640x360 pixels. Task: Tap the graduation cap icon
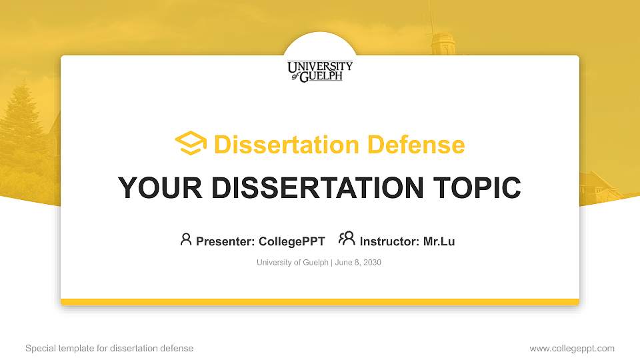[x=191, y=143]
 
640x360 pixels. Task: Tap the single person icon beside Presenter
[x=186, y=239]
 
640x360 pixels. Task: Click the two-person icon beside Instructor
[x=347, y=239]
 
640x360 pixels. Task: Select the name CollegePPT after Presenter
[x=291, y=241]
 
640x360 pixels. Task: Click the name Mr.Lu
[x=439, y=241]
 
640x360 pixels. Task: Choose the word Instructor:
[x=389, y=241]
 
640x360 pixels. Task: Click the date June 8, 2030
[x=358, y=263]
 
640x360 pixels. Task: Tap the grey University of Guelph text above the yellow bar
[x=292, y=263]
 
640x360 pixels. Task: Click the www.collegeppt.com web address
[x=572, y=349]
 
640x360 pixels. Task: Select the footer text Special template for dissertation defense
[x=109, y=349]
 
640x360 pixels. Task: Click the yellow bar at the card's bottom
[x=320, y=302]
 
